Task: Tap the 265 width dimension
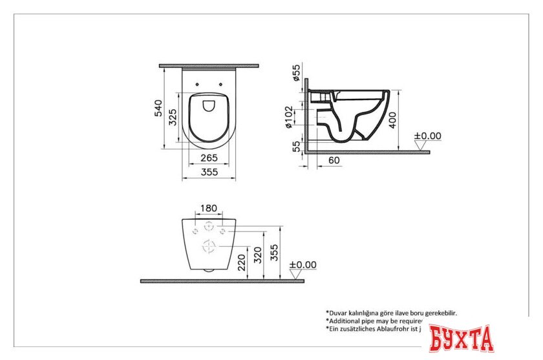coord(208,158)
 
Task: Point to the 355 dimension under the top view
coord(208,172)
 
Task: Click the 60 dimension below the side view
coord(334,160)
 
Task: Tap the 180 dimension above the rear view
coord(209,208)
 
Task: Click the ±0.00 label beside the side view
coord(427,136)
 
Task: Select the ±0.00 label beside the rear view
coord(303,264)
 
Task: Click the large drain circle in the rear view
coord(209,246)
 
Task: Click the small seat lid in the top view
coord(209,105)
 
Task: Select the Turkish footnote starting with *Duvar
coord(396,312)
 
